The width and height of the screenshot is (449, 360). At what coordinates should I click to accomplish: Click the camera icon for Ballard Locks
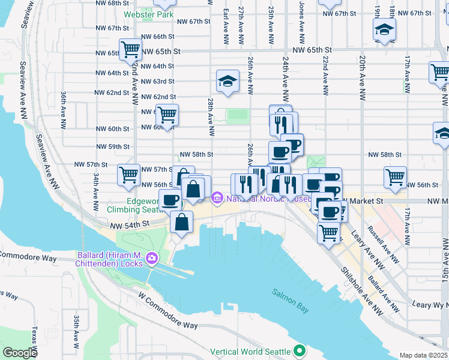(151, 259)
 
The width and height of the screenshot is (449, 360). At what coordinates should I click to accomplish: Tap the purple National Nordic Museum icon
(217, 197)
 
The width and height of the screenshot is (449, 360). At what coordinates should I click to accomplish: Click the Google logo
(20, 353)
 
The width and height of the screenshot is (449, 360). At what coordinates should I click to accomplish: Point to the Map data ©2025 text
(424, 355)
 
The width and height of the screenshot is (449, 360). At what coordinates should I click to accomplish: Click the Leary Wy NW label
(430, 305)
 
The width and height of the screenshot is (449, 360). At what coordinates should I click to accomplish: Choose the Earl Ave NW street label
(225, 27)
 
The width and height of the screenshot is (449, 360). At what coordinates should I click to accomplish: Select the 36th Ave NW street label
(63, 111)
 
